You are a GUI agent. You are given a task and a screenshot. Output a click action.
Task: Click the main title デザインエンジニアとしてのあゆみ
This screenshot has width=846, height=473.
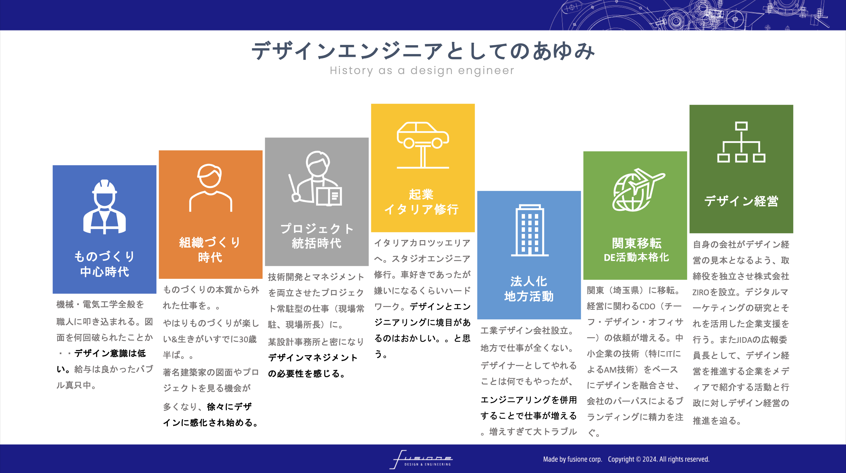pos(423,51)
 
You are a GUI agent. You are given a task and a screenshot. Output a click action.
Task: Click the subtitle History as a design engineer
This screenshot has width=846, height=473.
pos(422,70)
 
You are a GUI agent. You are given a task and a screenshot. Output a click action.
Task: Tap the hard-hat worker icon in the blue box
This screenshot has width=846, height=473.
pos(104,207)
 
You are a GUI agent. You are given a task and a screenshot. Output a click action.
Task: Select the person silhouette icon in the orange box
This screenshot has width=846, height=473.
pos(210,188)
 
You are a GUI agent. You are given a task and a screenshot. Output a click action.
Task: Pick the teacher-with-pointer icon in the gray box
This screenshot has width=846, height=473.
pos(315,179)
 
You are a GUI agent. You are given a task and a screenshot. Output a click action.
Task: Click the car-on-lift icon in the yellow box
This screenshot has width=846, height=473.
pos(423,145)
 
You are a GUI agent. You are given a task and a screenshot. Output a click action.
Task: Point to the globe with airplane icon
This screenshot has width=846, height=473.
pos(638,190)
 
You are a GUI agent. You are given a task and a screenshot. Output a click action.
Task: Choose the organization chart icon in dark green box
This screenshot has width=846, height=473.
pos(741,142)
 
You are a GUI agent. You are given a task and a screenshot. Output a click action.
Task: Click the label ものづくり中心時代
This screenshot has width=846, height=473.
pos(104,264)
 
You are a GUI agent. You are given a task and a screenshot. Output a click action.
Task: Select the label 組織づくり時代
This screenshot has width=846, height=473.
pos(210,249)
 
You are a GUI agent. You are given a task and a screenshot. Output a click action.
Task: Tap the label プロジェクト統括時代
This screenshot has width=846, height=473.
pos(317,236)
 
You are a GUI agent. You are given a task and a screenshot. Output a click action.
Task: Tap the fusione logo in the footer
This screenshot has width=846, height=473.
pos(421,459)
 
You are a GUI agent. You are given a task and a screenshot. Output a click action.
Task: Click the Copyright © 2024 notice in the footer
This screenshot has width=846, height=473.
pos(658,459)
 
